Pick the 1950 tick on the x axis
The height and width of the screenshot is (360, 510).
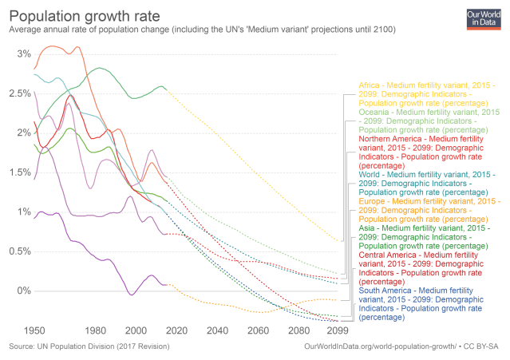click(x=34, y=329)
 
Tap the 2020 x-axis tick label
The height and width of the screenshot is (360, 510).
click(x=176, y=329)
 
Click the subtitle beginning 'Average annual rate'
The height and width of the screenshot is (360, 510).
click(x=200, y=30)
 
